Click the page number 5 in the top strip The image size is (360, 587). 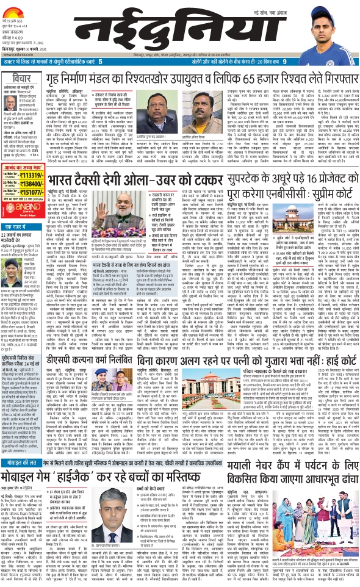click(x=99, y=62)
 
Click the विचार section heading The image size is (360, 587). click(x=23, y=79)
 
